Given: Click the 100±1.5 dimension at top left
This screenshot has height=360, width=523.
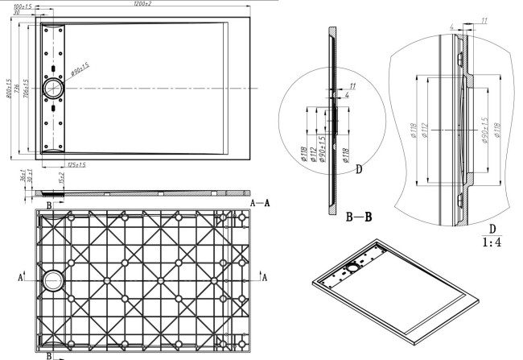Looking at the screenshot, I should (x=33, y=6).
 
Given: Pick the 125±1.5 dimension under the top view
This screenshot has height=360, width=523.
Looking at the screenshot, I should (x=76, y=164).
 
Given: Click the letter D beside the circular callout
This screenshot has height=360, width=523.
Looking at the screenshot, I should (x=359, y=169).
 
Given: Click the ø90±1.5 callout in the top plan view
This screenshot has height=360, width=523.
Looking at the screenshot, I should (x=80, y=73).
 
